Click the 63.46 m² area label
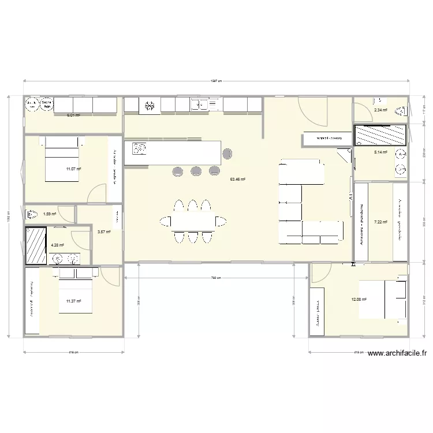(x=238, y=180)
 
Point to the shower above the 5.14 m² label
(x=381, y=135)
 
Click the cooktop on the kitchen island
(x=140, y=150)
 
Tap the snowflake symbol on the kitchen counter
(x=150, y=105)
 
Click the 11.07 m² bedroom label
(x=73, y=169)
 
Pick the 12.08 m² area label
(x=359, y=299)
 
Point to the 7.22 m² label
(x=380, y=222)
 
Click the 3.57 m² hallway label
(x=104, y=232)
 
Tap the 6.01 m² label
(x=73, y=115)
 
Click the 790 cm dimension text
(x=216, y=278)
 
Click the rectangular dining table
(x=193, y=221)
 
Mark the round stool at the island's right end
(x=227, y=153)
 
